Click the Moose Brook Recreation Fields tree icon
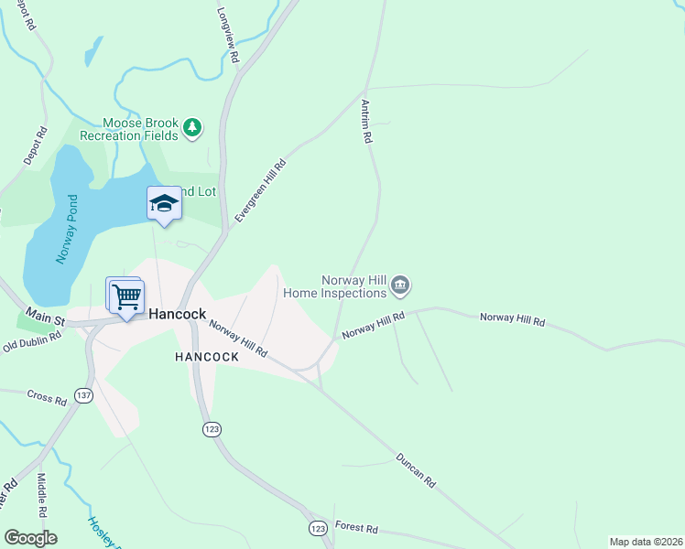tap(192, 128)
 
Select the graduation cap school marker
tap(164, 203)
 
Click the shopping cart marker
tap(126, 296)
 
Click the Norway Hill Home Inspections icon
tap(400, 286)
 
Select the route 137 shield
tap(84, 395)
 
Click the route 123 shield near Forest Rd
tap(318, 529)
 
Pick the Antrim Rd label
tap(366, 121)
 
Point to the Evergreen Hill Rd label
tap(261, 190)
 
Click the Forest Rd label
tap(357, 529)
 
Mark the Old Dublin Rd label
tap(31, 341)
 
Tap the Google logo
tap(31, 538)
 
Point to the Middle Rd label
tap(41, 494)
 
